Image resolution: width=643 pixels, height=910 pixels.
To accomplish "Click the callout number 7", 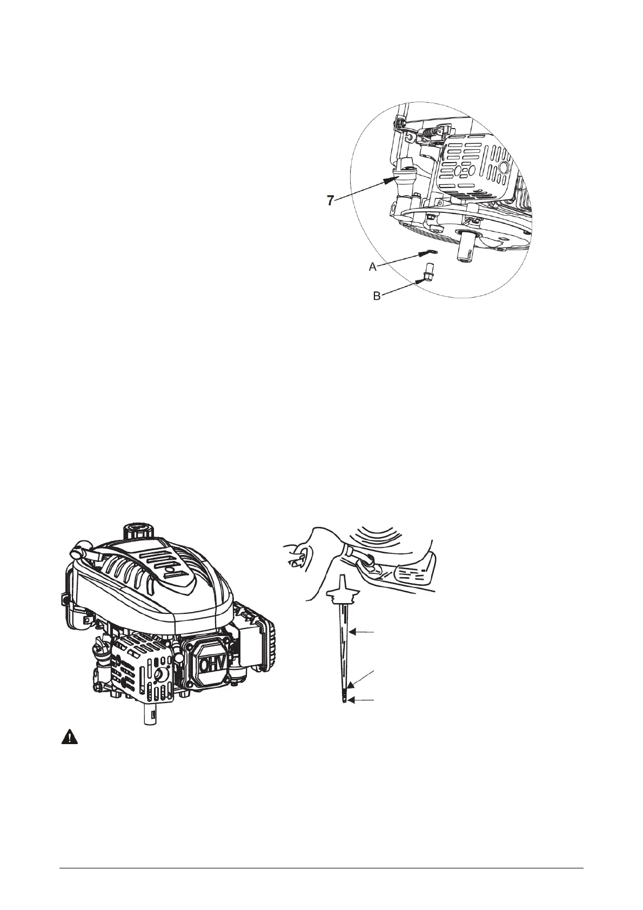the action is [x=330, y=200].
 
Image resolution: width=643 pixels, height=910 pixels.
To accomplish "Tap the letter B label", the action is [x=377, y=296].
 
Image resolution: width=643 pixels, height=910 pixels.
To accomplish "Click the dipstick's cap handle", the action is [x=343, y=591].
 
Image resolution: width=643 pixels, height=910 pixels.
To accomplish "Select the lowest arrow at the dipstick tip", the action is [x=361, y=700].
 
